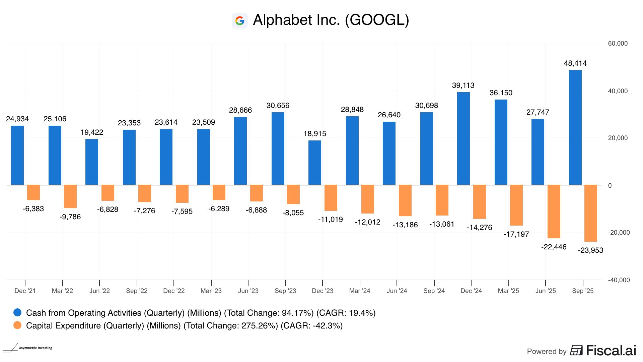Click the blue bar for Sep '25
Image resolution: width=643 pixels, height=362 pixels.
(575, 127)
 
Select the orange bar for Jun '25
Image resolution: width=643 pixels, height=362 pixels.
(554, 211)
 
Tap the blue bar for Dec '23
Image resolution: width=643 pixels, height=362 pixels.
(314, 163)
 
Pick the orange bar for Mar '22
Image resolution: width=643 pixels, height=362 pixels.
(70, 196)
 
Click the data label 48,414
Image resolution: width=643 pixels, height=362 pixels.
(575, 63)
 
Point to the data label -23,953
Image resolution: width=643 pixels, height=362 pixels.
(590, 250)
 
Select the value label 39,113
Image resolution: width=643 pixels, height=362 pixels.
(463, 85)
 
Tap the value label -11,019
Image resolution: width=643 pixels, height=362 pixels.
(330, 220)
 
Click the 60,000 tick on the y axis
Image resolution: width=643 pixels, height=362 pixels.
(618, 44)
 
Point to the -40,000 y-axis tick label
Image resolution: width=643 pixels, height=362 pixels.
(619, 280)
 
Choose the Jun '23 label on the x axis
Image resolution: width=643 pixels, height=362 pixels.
(248, 291)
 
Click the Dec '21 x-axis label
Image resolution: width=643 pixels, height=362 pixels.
(25, 291)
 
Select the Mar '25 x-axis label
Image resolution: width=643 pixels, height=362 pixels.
(508, 291)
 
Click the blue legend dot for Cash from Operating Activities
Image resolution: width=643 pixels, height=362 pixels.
(17, 313)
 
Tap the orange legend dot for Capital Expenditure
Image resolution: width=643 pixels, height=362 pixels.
(17, 325)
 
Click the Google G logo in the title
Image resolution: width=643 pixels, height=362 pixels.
(240, 21)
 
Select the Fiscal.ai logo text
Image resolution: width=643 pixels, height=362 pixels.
(611, 351)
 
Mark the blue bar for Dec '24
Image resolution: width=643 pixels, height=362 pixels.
(463, 138)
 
